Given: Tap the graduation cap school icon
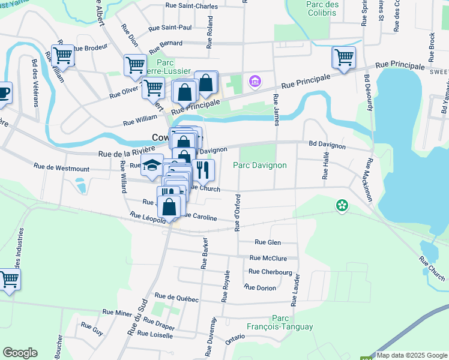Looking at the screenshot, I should (152, 164).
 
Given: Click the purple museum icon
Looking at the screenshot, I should (255, 80).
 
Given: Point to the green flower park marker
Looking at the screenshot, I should (342, 206).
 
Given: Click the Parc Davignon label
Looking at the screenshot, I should (260, 165).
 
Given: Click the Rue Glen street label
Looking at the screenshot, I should (268, 242).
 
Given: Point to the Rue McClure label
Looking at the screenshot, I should (268, 259).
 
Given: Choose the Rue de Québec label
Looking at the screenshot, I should (176, 296).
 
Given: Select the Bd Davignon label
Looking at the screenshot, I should (327, 146).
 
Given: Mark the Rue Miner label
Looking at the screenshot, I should (117, 312).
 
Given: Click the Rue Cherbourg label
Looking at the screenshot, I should (270, 272).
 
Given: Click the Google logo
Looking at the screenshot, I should (20, 353).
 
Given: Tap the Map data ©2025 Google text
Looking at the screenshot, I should (412, 355).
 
